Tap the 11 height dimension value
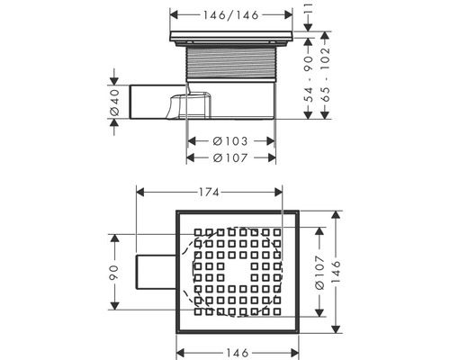point(308,12)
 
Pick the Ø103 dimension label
point(231,141)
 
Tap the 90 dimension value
point(115,274)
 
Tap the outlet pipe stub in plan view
point(151,274)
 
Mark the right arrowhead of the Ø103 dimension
point(271,141)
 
